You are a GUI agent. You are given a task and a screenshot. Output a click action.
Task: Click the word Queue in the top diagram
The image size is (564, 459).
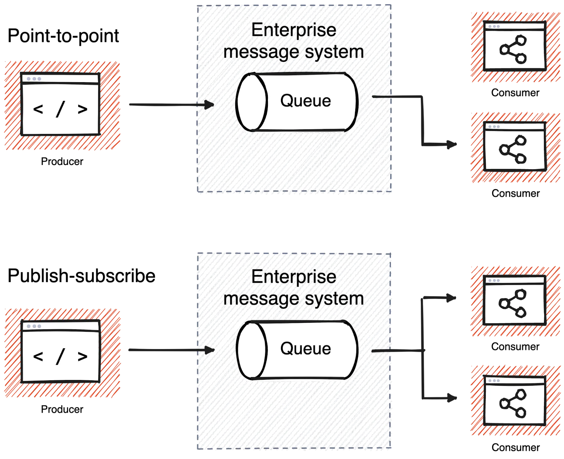click(x=305, y=101)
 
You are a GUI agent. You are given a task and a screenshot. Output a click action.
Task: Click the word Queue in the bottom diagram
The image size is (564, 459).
click(x=305, y=349)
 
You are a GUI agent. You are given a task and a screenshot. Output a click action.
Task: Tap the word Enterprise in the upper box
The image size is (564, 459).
click(x=293, y=31)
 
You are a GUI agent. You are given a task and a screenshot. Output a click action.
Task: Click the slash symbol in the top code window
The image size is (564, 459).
click(x=60, y=110)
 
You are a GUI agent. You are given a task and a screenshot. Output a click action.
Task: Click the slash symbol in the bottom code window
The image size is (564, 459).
click(x=60, y=357)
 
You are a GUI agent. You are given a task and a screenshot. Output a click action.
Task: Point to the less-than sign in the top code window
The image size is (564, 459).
click(x=38, y=110)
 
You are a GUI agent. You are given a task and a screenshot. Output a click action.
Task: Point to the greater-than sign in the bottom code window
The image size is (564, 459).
click(x=82, y=357)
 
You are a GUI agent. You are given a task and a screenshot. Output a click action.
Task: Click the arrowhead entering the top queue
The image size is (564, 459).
click(x=210, y=105)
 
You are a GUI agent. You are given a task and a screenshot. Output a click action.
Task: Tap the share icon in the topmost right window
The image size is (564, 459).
click(x=513, y=50)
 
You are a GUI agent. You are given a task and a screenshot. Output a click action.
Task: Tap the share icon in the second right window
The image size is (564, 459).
click(x=513, y=150)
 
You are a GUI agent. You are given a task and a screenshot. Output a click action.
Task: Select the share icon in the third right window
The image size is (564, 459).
click(x=513, y=304)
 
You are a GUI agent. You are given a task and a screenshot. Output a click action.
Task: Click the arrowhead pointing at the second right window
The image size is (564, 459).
click(x=453, y=145)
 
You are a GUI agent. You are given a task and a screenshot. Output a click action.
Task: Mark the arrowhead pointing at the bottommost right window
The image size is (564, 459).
click(x=453, y=398)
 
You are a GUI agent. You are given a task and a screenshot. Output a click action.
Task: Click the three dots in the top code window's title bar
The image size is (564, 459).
click(x=34, y=79)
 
